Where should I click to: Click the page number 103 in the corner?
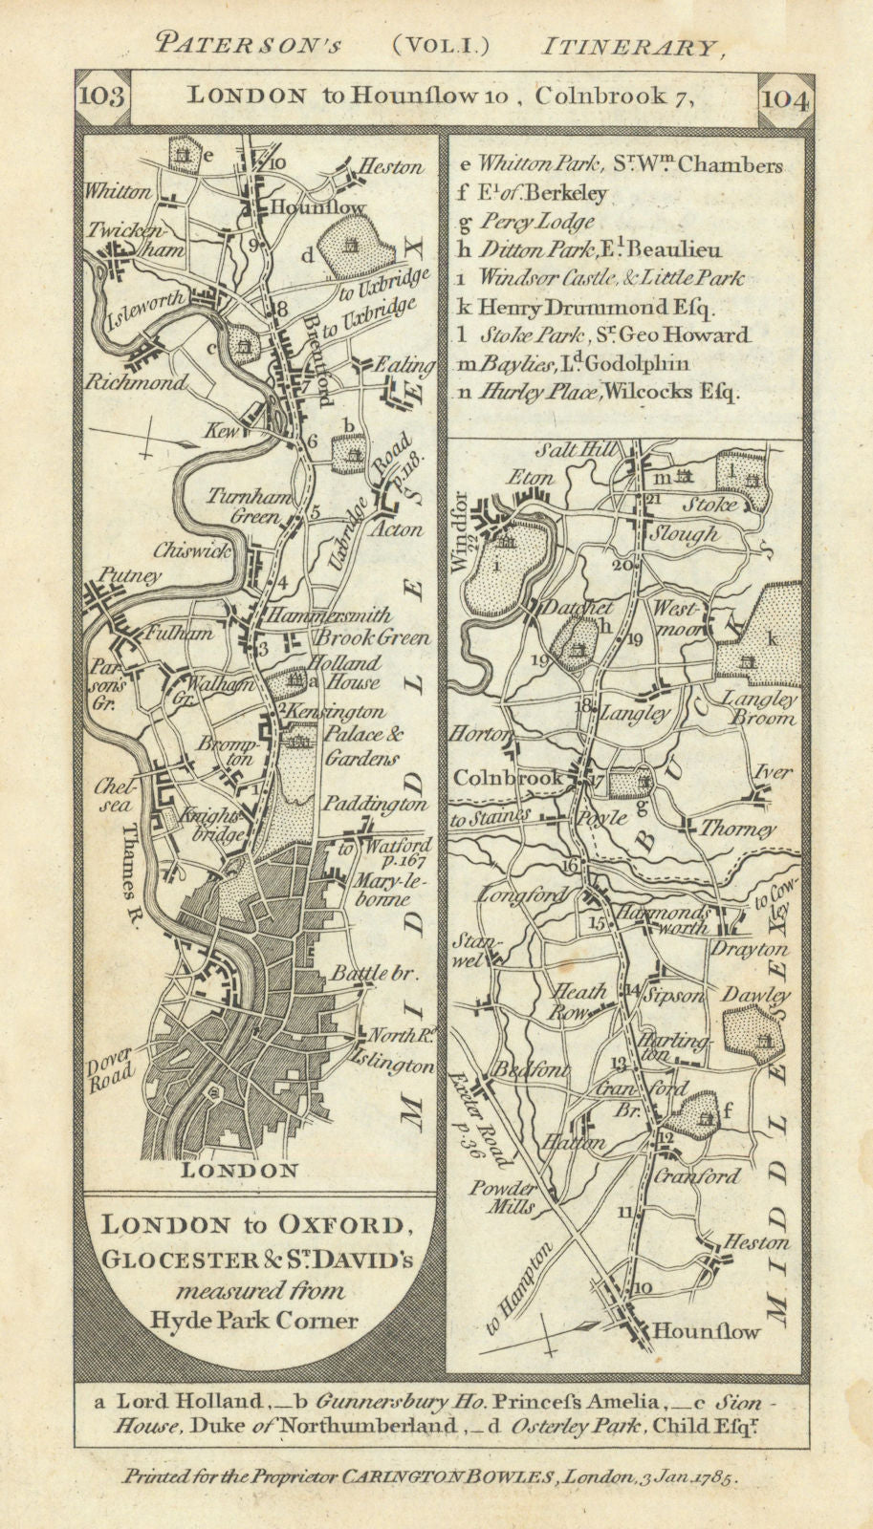click(x=98, y=97)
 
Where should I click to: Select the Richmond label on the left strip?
click(x=149, y=383)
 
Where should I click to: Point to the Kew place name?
click(x=218, y=432)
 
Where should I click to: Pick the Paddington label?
click(x=375, y=805)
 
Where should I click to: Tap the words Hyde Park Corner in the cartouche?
click(x=254, y=1322)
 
